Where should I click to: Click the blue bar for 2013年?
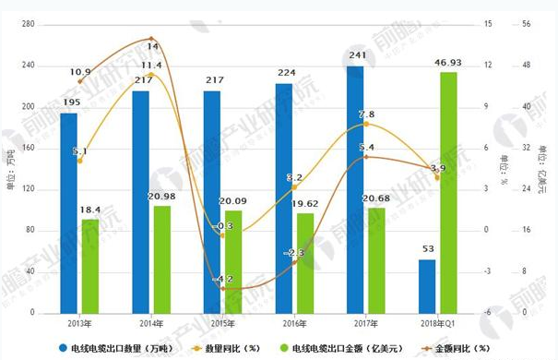pyautogui.click(x=68, y=211)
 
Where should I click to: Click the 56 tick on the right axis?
pyautogui.click(x=529, y=25)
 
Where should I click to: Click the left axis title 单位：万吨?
pyautogui.click(x=10, y=168)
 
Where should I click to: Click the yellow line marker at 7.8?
pyautogui.click(x=366, y=123)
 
